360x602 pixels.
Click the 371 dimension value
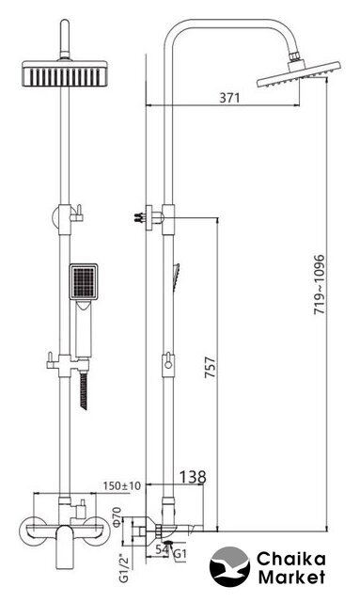[x=229, y=98]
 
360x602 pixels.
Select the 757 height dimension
[x=211, y=368]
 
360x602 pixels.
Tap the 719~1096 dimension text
[x=320, y=284]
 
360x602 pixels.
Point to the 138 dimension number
[x=193, y=477]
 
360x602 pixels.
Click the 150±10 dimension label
[x=122, y=485]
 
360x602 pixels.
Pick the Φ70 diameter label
[x=117, y=516]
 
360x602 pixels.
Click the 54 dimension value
[x=163, y=549]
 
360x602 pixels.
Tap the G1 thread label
[x=180, y=554]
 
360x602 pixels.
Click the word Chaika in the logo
[x=291, y=559]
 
